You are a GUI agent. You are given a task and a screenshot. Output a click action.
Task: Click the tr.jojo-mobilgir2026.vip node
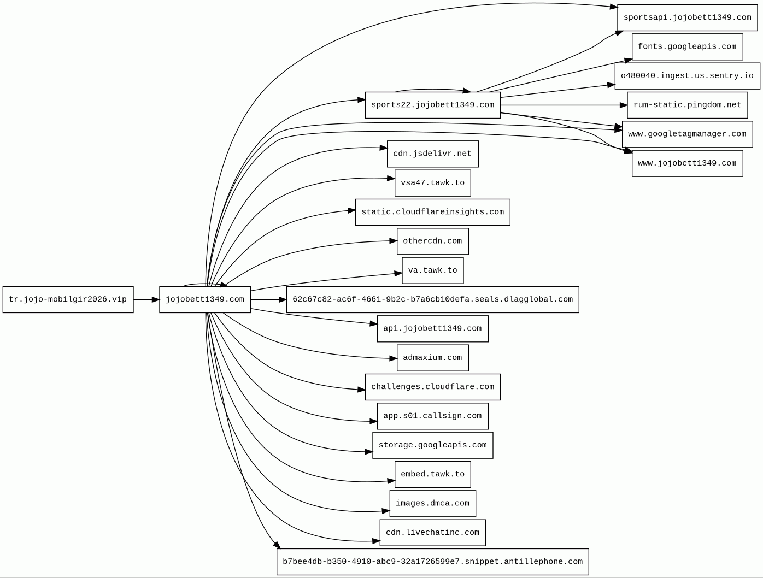pyautogui.click(x=68, y=299)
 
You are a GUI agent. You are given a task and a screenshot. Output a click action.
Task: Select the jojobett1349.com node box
pyautogui.click(x=205, y=299)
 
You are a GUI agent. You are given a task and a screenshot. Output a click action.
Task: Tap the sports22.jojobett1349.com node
pyautogui.click(x=432, y=105)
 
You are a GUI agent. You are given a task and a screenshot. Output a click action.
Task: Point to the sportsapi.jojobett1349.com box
pyautogui.click(x=687, y=17)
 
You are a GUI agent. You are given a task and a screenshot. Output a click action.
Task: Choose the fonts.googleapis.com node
pyautogui.click(x=687, y=46)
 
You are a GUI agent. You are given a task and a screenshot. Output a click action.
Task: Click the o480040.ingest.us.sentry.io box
pyautogui.click(x=687, y=76)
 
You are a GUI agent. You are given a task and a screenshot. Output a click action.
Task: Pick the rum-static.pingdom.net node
pyautogui.click(x=687, y=105)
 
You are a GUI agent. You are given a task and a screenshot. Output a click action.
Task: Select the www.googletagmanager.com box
pyautogui.click(x=687, y=134)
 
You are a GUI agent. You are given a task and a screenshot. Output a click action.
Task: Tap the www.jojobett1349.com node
pyautogui.click(x=687, y=163)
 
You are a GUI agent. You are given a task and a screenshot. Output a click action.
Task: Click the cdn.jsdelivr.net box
pyautogui.click(x=432, y=154)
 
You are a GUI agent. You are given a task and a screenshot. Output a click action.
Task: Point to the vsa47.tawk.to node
pyautogui.click(x=432, y=183)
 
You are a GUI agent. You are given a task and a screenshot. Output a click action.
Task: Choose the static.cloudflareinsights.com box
pyautogui.click(x=432, y=212)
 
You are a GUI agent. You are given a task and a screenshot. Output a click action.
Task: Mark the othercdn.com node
pyautogui.click(x=432, y=241)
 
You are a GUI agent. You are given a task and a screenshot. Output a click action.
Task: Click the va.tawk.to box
pyautogui.click(x=432, y=270)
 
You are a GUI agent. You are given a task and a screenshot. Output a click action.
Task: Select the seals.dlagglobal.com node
pyautogui.click(x=432, y=299)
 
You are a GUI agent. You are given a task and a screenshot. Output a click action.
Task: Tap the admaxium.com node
pyautogui.click(x=432, y=358)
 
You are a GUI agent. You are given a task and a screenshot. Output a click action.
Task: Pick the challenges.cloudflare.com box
pyautogui.click(x=432, y=387)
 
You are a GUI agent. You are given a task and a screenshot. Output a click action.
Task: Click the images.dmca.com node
pyautogui.click(x=432, y=503)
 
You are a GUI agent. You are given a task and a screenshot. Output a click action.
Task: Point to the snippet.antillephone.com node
pyautogui.click(x=432, y=562)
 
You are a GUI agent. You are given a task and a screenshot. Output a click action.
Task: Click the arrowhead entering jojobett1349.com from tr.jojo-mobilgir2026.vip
pyautogui.click(x=156, y=299)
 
